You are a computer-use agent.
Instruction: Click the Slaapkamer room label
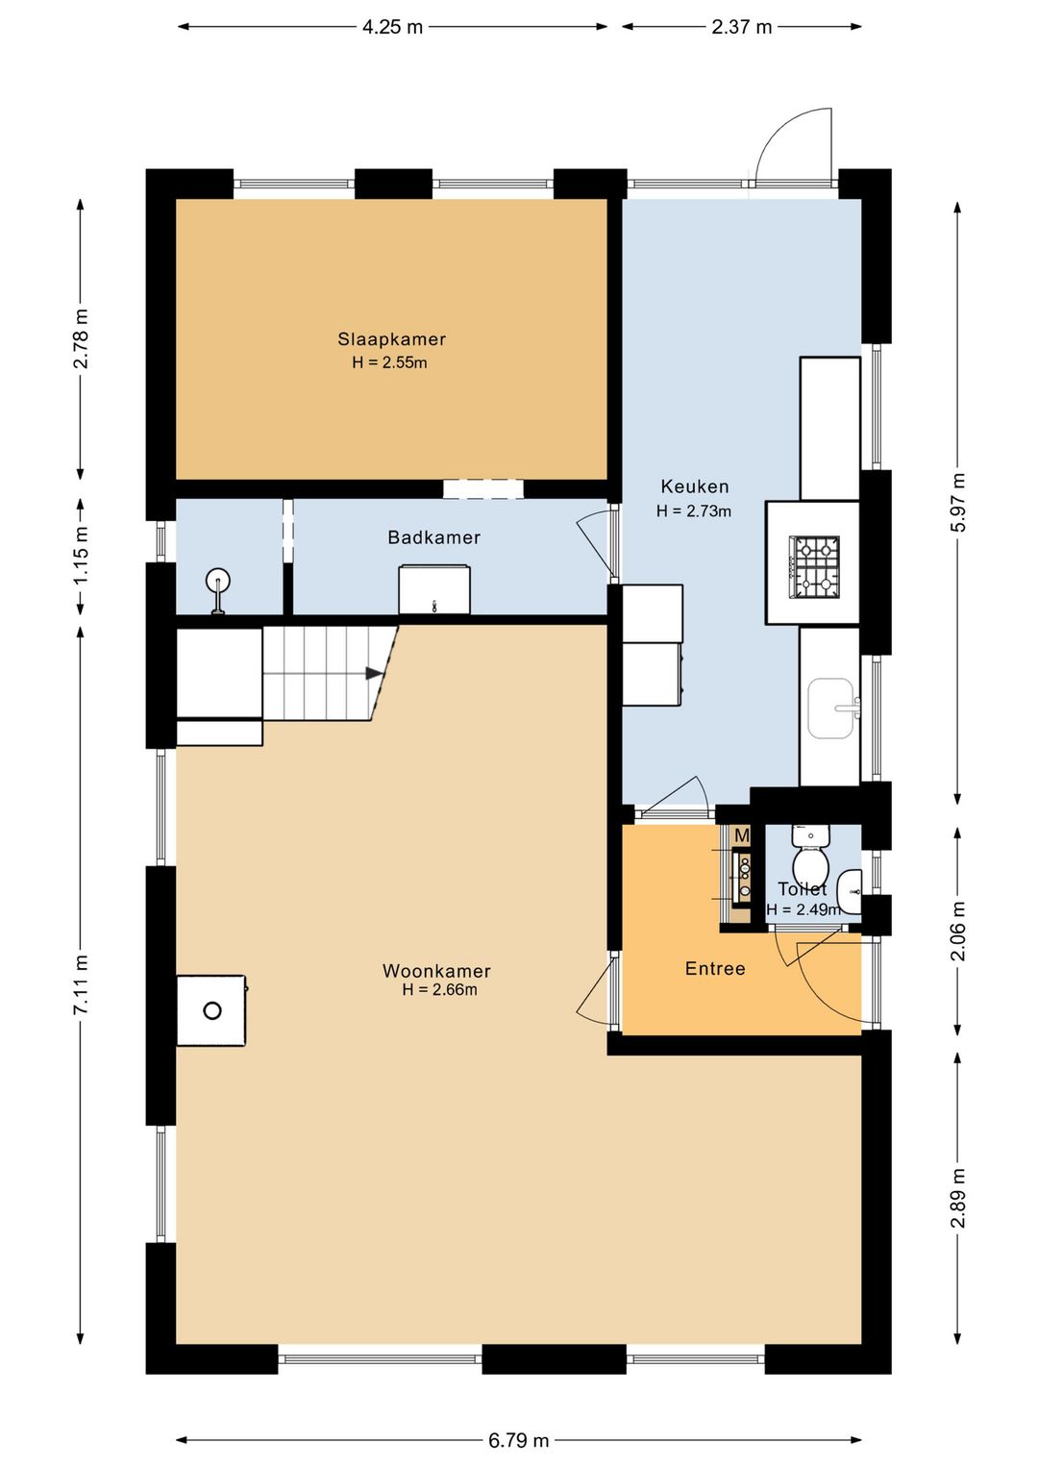pyautogui.click(x=391, y=339)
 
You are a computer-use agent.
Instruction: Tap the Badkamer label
pyautogui.click(x=434, y=537)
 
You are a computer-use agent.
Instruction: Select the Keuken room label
pyautogui.click(x=695, y=486)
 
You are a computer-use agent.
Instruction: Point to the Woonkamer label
pyautogui.click(x=436, y=971)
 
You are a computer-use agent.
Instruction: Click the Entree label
pyautogui.click(x=715, y=969)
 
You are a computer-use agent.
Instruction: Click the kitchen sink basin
pyautogui.click(x=831, y=708)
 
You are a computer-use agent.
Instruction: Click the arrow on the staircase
pyautogui.click(x=374, y=673)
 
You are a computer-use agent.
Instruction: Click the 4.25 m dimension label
pyautogui.click(x=392, y=27)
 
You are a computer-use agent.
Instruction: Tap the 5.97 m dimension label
pyautogui.click(x=958, y=503)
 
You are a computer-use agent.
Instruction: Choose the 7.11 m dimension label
pyautogui.click(x=81, y=985)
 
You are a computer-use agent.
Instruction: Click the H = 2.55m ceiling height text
pyautogui.click(x=389, y=362)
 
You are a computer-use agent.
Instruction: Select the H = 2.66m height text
pyautogui.click(x=439, y=989)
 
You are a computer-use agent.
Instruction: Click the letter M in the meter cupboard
pyautogui.click(x=741, y=836)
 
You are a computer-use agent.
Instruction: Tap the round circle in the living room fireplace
pyautogui.click(x=212, y=1010)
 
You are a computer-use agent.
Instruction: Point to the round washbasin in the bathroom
pyautogui.click(x=218, y=581)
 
